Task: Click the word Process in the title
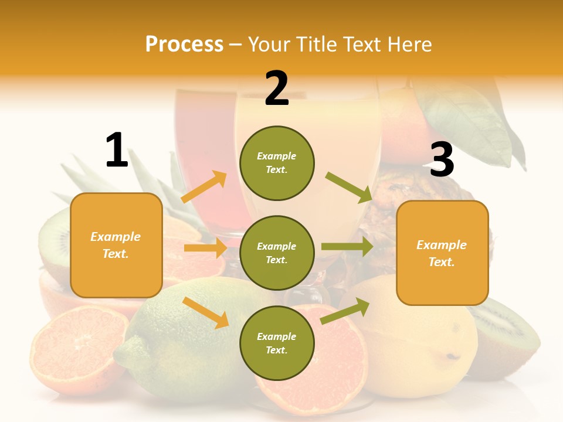[x=184, y=45]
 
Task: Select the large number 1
[x=117, y=151]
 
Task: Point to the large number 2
[x=277, y=89]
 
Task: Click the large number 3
[x=442, y=160]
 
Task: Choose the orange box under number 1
[x=116, y=245]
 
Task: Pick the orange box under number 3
[x=442, y=253]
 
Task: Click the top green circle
[x=277, y=163]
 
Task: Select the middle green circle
[x=277, y=253]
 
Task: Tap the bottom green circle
[x=277, y=343]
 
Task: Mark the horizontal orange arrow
[x=205, y=248]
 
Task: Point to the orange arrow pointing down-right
[x=206, y=312]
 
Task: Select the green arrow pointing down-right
[x=348, y=187]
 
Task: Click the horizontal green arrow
[x=347, y=247]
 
